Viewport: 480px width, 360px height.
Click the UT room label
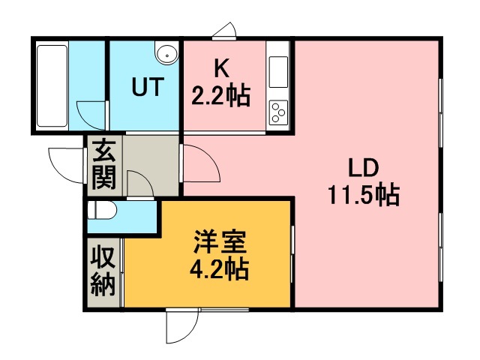click(147, 88)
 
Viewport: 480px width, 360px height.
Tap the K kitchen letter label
click(221, 69)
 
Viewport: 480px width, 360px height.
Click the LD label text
click(363, 166)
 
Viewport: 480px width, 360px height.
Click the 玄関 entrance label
click(103, 167)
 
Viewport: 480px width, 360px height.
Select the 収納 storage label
click(103, 272)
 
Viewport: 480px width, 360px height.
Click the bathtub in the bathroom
click(52, 86)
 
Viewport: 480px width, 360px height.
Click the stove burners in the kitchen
click(278, 112)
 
